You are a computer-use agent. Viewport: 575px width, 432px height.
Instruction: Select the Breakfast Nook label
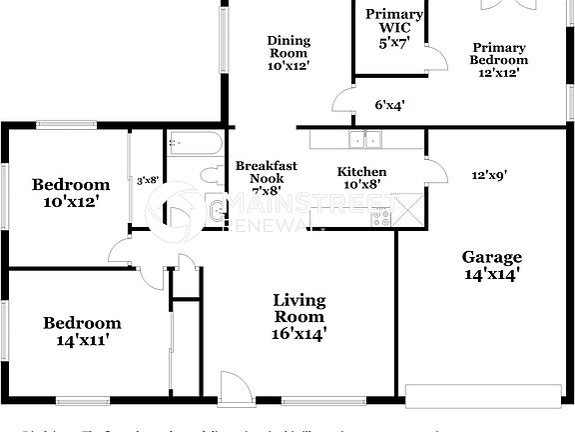[260, 177]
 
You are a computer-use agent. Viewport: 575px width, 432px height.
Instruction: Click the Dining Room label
[287, 53]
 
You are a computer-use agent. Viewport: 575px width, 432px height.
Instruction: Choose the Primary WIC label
[393, 28]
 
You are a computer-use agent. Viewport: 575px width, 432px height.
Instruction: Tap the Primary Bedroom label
[499, 60]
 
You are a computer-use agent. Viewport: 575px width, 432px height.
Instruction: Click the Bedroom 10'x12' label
[70, 192]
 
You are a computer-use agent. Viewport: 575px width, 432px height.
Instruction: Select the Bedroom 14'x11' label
[82, 331]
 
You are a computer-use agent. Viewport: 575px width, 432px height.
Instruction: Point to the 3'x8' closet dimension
[148, 181]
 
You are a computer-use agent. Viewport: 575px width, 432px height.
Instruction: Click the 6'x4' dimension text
[389, 104]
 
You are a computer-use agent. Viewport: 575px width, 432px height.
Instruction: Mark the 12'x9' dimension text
[489, 174]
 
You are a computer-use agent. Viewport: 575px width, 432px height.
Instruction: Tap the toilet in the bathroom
[211, 176]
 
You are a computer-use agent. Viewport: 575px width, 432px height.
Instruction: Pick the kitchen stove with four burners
[381, 214]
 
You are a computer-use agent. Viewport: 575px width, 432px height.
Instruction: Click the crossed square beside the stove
[409, 211]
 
